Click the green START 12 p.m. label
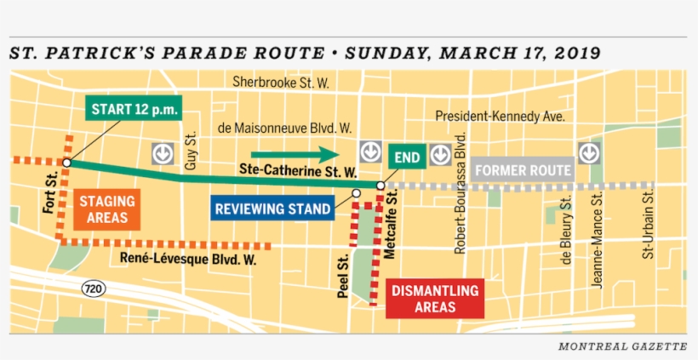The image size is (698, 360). click(132, 110)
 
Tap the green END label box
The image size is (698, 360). click(407, 157)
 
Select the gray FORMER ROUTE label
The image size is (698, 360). click(523, 170)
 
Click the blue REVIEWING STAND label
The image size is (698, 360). click(272, 209)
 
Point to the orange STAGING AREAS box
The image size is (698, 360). click(107, 209)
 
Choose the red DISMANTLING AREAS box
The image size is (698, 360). click(435, 299)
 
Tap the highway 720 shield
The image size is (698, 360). click(94, 289)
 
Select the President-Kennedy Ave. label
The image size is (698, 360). click(500, 116)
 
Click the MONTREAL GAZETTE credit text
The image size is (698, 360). click(622, 346)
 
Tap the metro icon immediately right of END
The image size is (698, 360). click(440, 154)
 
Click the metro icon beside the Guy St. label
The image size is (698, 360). click(163, 153)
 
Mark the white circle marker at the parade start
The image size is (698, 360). click(66, 162)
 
